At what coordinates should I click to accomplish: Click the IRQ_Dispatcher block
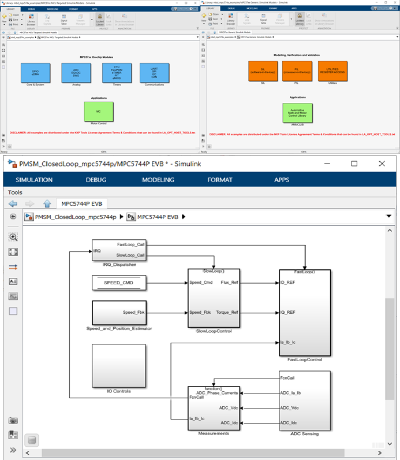tap(118, 250)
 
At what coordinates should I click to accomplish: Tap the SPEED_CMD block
tap(118, 283)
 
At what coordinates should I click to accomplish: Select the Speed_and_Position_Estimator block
tap(118, 313)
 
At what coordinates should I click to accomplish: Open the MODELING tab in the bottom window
tap(158, 180)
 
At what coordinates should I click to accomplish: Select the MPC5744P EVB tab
tap(81, 203)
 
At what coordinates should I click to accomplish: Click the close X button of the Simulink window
tap(382, 164)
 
